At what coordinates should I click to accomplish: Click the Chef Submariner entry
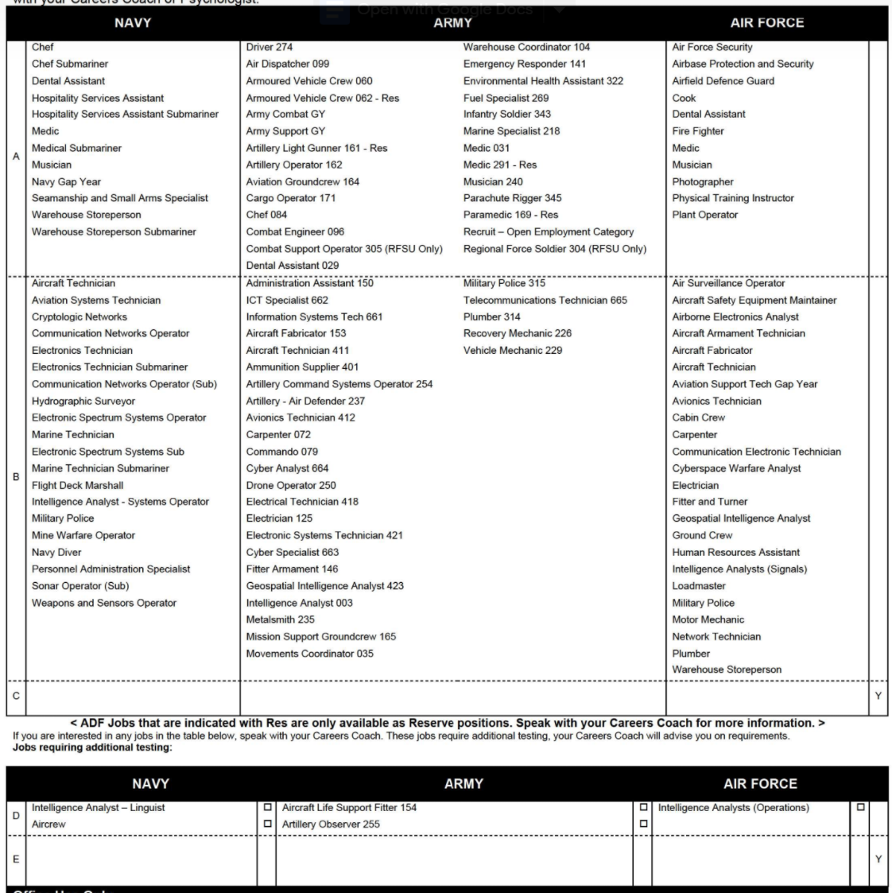tap(70, 64)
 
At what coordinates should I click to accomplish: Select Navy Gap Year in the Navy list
tap(66, 181)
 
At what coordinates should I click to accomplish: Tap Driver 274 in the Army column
tap(270, 47)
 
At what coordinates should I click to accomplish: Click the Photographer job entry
tap(703, 181)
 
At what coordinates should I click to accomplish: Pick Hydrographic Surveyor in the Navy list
tap(83, 401)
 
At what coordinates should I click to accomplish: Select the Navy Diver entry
tap(56, 552)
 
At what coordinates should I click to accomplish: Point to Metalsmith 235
tap(280, 619)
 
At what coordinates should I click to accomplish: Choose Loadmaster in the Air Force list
tap(699, 586)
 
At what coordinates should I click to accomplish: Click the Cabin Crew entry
tap(699, 417)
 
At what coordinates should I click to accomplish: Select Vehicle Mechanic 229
tap(513, 350)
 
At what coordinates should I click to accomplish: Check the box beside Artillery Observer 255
tap(643, 824)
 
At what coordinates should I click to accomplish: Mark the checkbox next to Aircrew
tap(267, 824)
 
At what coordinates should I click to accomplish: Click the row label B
tap(16, 477)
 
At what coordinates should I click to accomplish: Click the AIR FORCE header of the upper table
tap(767, 23)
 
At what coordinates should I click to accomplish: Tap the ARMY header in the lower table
tap(463, 784)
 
